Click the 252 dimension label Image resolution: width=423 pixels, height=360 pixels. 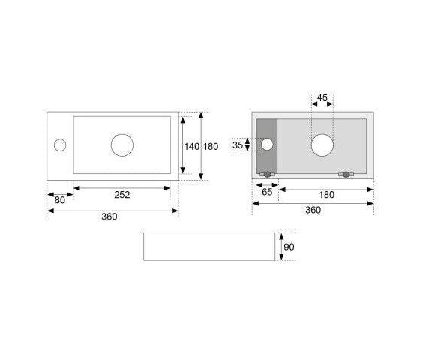click(122, 194)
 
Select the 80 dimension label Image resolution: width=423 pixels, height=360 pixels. click(59, 200)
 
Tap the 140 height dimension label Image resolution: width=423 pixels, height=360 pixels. click(192, 146)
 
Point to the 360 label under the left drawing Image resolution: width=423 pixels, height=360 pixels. click(109, 217)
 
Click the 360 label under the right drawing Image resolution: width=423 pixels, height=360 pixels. click(313, 210)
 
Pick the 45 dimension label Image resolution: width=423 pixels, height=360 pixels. click(322, 97)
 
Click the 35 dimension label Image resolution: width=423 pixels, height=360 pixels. click(238, 145)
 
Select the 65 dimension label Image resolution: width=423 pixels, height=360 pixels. click(267, 192)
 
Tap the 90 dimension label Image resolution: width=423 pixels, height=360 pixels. click(289, 247)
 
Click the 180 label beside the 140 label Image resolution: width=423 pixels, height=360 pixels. click(211, 146)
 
